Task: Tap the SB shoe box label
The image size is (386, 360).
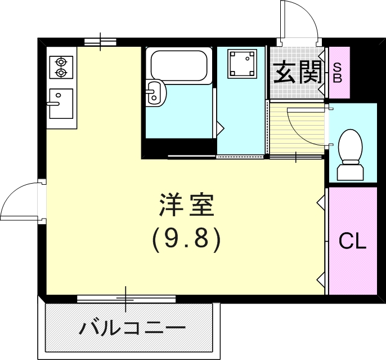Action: (x=338, y=73)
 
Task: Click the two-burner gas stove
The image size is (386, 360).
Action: (x=61, y=67)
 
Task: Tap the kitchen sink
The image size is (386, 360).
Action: (x=61, y=104)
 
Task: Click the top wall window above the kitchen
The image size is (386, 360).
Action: (x=101, y=42)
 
